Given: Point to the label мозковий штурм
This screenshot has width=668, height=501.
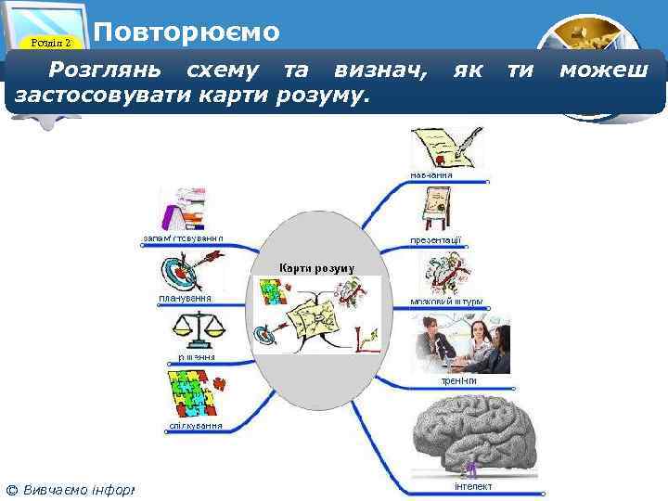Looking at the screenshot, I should [x=446, y=302].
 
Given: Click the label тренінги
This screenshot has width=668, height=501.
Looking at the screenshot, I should [x=458, y=380].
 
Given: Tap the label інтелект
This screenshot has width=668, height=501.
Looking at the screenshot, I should [x=473, y=486].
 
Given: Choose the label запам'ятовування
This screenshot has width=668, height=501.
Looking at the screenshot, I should [x=183, y=238].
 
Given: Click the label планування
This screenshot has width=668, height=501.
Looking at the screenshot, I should [x=186, y=299].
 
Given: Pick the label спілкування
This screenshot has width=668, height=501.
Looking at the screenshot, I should [x=195, y=426].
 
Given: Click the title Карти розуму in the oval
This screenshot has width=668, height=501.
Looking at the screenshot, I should [x=317, y=268].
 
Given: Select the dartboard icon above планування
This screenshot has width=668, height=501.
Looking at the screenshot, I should [x=186, y=273].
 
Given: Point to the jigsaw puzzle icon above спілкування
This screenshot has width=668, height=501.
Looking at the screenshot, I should [x=192, y=394].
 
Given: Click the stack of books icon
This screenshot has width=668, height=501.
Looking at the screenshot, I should [x=184, y=209].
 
